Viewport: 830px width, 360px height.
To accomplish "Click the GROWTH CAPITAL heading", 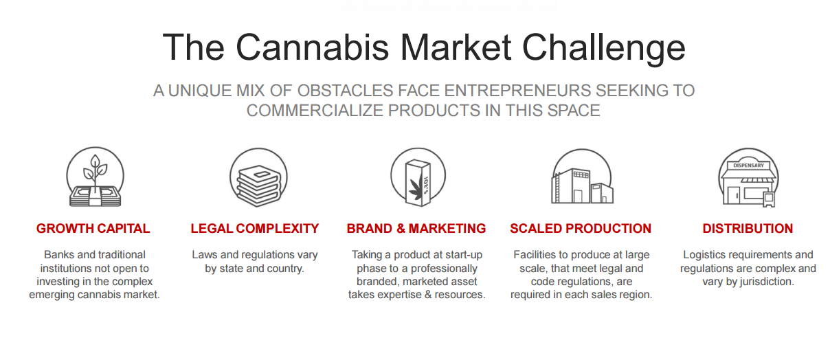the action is [93, 229].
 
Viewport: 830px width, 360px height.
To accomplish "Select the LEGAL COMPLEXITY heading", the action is [254, 229].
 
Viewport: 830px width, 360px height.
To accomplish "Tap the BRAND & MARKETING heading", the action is [416, 229].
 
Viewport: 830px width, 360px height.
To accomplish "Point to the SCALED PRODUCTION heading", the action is [581, 229].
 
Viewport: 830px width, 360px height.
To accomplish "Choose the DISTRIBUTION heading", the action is [748, 229].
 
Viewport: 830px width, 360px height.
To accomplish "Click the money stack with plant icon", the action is [96, 177].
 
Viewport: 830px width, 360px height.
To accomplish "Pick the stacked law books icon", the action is [258, 177].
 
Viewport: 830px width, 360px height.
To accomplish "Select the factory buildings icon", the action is [582, 177].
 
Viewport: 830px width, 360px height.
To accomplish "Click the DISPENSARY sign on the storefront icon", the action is [748, 166].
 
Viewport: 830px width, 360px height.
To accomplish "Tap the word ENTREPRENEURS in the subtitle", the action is [517, 91].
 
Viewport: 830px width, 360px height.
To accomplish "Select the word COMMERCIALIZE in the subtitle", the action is [315, 111].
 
